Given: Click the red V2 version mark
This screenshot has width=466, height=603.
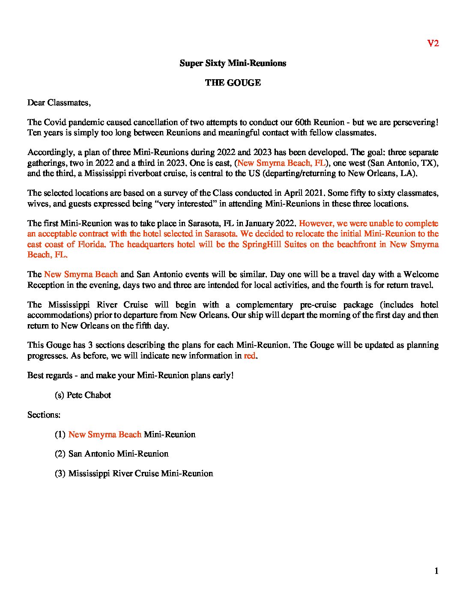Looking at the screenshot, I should [433, 43].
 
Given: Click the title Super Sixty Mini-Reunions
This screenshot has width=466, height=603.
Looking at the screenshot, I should [233, 63].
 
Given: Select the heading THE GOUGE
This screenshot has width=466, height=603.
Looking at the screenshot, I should [233, 83].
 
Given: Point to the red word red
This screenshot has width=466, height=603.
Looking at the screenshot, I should [250, 356].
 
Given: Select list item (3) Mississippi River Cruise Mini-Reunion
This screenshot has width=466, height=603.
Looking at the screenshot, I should [134, 474].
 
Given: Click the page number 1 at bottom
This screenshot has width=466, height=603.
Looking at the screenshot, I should [436, 571].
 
